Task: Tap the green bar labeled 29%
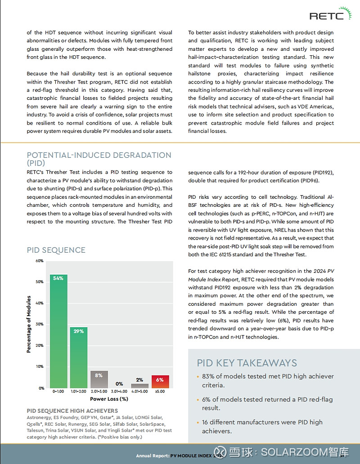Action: pyautogui.click(x=79, y=357)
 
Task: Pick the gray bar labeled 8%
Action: pyautogui.click(x=99, y=379)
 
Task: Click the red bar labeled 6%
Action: pyautogui.click(x=160, y=382)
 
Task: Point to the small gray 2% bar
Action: pyautogui.click(x=140, y=386)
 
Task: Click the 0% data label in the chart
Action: pyautogui.click(x=119, y=384)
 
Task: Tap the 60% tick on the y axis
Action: pyautogui.click(x=39, y=261)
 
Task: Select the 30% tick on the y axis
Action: pyautogui.click(x=39, y=324)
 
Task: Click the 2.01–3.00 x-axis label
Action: pyautogui.click(x=99, y=392)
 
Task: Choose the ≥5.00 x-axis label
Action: pyautogui.click(x=160, y=392)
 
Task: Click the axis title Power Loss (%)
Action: pyautogui.click(x=109, y=399)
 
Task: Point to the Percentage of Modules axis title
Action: pyautogui.click(x=29, y=324)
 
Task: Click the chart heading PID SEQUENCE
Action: pyautogui.click(x=56, y=250)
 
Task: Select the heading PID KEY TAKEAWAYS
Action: pyautogui.click(x=247, y=363)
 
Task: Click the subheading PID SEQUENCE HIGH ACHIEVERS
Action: pyautogui.click(x=72, y=410)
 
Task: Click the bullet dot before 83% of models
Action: pyautogui.click(x=198, y=377)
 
